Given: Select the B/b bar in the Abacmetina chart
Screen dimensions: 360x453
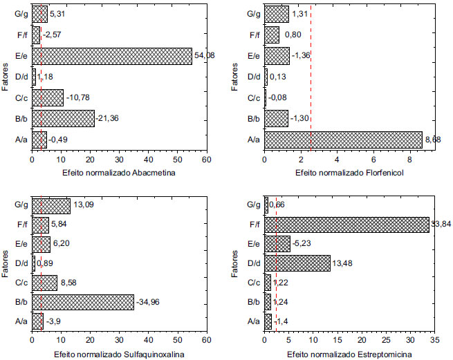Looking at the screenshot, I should click(x=62, y=118).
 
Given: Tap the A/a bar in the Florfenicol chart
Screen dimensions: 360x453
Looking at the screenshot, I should click(x=342, y=140).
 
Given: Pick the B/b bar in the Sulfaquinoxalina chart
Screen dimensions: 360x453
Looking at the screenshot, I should click(x=82, y=302).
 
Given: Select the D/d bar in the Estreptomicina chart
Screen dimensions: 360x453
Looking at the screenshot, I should click(x=297, y=263).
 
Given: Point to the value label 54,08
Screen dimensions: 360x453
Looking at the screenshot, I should click(x=204, y=56).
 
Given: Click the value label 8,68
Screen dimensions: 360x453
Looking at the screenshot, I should click(x=434, y=140).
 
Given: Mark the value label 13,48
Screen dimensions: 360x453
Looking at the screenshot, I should click(x=344, y=263).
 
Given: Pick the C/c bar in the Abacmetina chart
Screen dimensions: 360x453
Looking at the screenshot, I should click(x=47, y=97).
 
